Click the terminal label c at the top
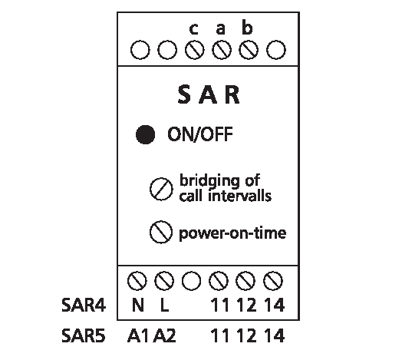click(194, 29)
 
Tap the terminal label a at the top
click(221, 29)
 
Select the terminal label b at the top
click(247, 28)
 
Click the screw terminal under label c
click(195, 50)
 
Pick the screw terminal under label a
click(222, 50)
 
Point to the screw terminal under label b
click(249, 50)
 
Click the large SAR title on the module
click(209, 94)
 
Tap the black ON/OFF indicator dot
click(145, 134)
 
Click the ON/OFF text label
click(200, 134)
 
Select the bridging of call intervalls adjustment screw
click(161, 189)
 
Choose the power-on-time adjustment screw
click(161, 233)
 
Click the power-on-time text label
click(232, 233)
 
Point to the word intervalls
click(239, 196)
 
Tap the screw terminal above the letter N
click(137, 281)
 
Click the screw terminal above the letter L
click(164, 281)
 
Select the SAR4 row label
click(84, 305)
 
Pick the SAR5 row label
click(84, 335)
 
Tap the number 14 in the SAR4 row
click(274, 305)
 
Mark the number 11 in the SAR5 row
click(220, 335)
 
